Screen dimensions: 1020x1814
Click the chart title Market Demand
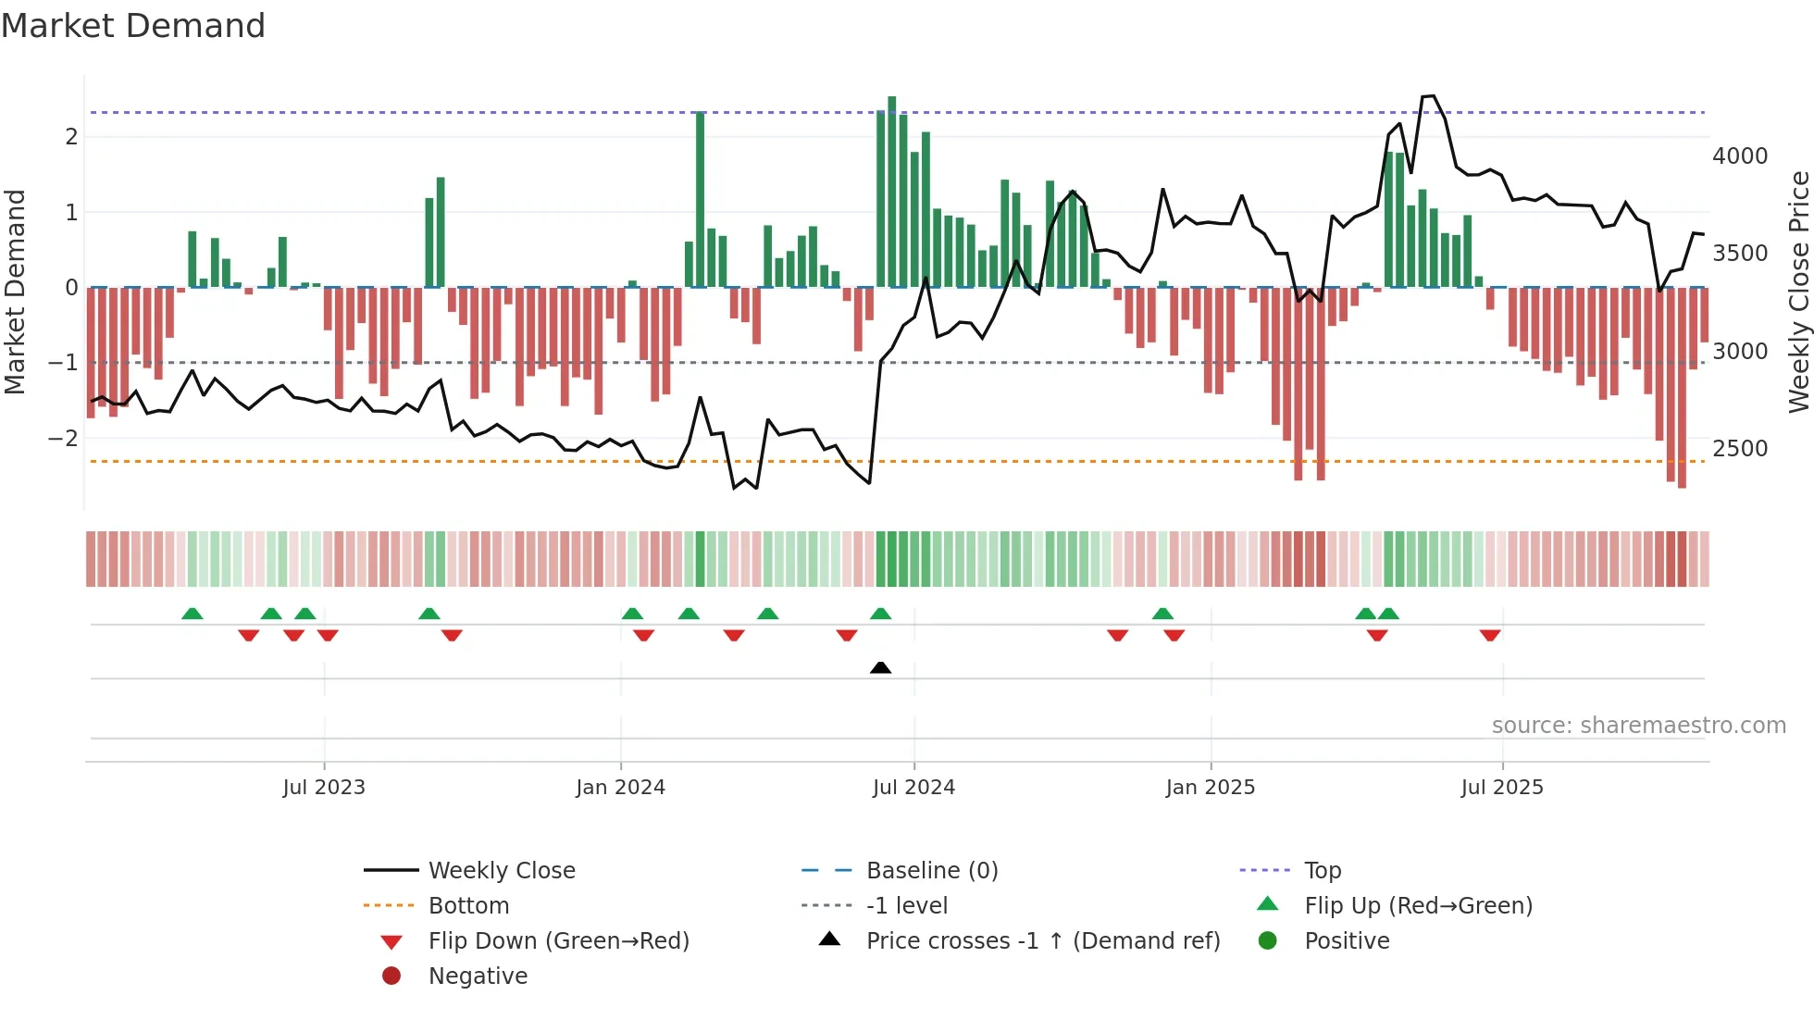tap(133, 26)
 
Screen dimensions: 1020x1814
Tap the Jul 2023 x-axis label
tap(324, 788)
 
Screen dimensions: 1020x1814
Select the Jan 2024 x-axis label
tap(620, 788)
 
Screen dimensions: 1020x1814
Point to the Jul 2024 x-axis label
tap(913, 788)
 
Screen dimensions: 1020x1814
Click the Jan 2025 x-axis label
tap(1210, 788)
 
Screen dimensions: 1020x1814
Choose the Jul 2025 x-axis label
tap(1502, 788)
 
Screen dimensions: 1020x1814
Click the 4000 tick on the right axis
tap(1740, 156)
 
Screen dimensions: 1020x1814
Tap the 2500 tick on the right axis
tap(1740, 449)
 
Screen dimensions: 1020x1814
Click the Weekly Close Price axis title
tap(1798, 292)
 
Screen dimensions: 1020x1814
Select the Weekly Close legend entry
tap(501, 871)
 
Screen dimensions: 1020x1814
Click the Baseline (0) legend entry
tap(931, 871)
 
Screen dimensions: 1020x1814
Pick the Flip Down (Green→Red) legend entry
tap(558, 941)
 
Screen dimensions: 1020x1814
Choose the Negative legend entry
tap(478, 976)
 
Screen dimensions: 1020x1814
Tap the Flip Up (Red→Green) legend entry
tap(1418, 906)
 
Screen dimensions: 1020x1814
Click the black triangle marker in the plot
tap(881, 667)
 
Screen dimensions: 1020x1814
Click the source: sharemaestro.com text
tap(1638, 726)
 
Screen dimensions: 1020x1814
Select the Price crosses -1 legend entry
tap(1042, 941)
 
